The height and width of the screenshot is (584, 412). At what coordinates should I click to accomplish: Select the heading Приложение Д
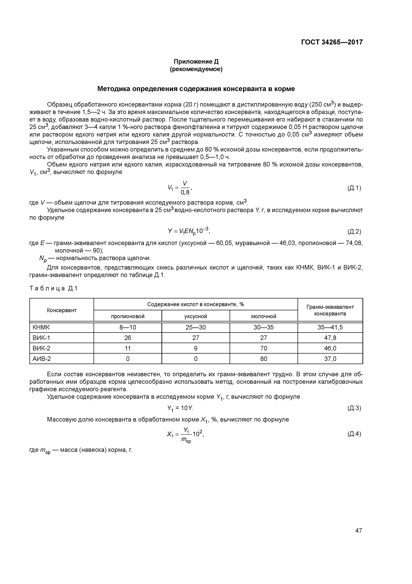[196, 62]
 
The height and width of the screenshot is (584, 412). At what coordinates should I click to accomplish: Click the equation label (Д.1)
[354, 188]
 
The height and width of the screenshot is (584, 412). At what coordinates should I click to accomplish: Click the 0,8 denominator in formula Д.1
[185, 193]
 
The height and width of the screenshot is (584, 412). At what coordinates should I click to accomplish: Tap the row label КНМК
[41, 327]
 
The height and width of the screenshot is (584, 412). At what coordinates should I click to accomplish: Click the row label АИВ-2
[42, 359]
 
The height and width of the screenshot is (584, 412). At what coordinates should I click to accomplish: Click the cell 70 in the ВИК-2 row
[263, 348]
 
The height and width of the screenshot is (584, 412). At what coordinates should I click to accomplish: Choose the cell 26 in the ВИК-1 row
[128, 338]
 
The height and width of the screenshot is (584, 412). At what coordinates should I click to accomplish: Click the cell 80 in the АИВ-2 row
[263, 359]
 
